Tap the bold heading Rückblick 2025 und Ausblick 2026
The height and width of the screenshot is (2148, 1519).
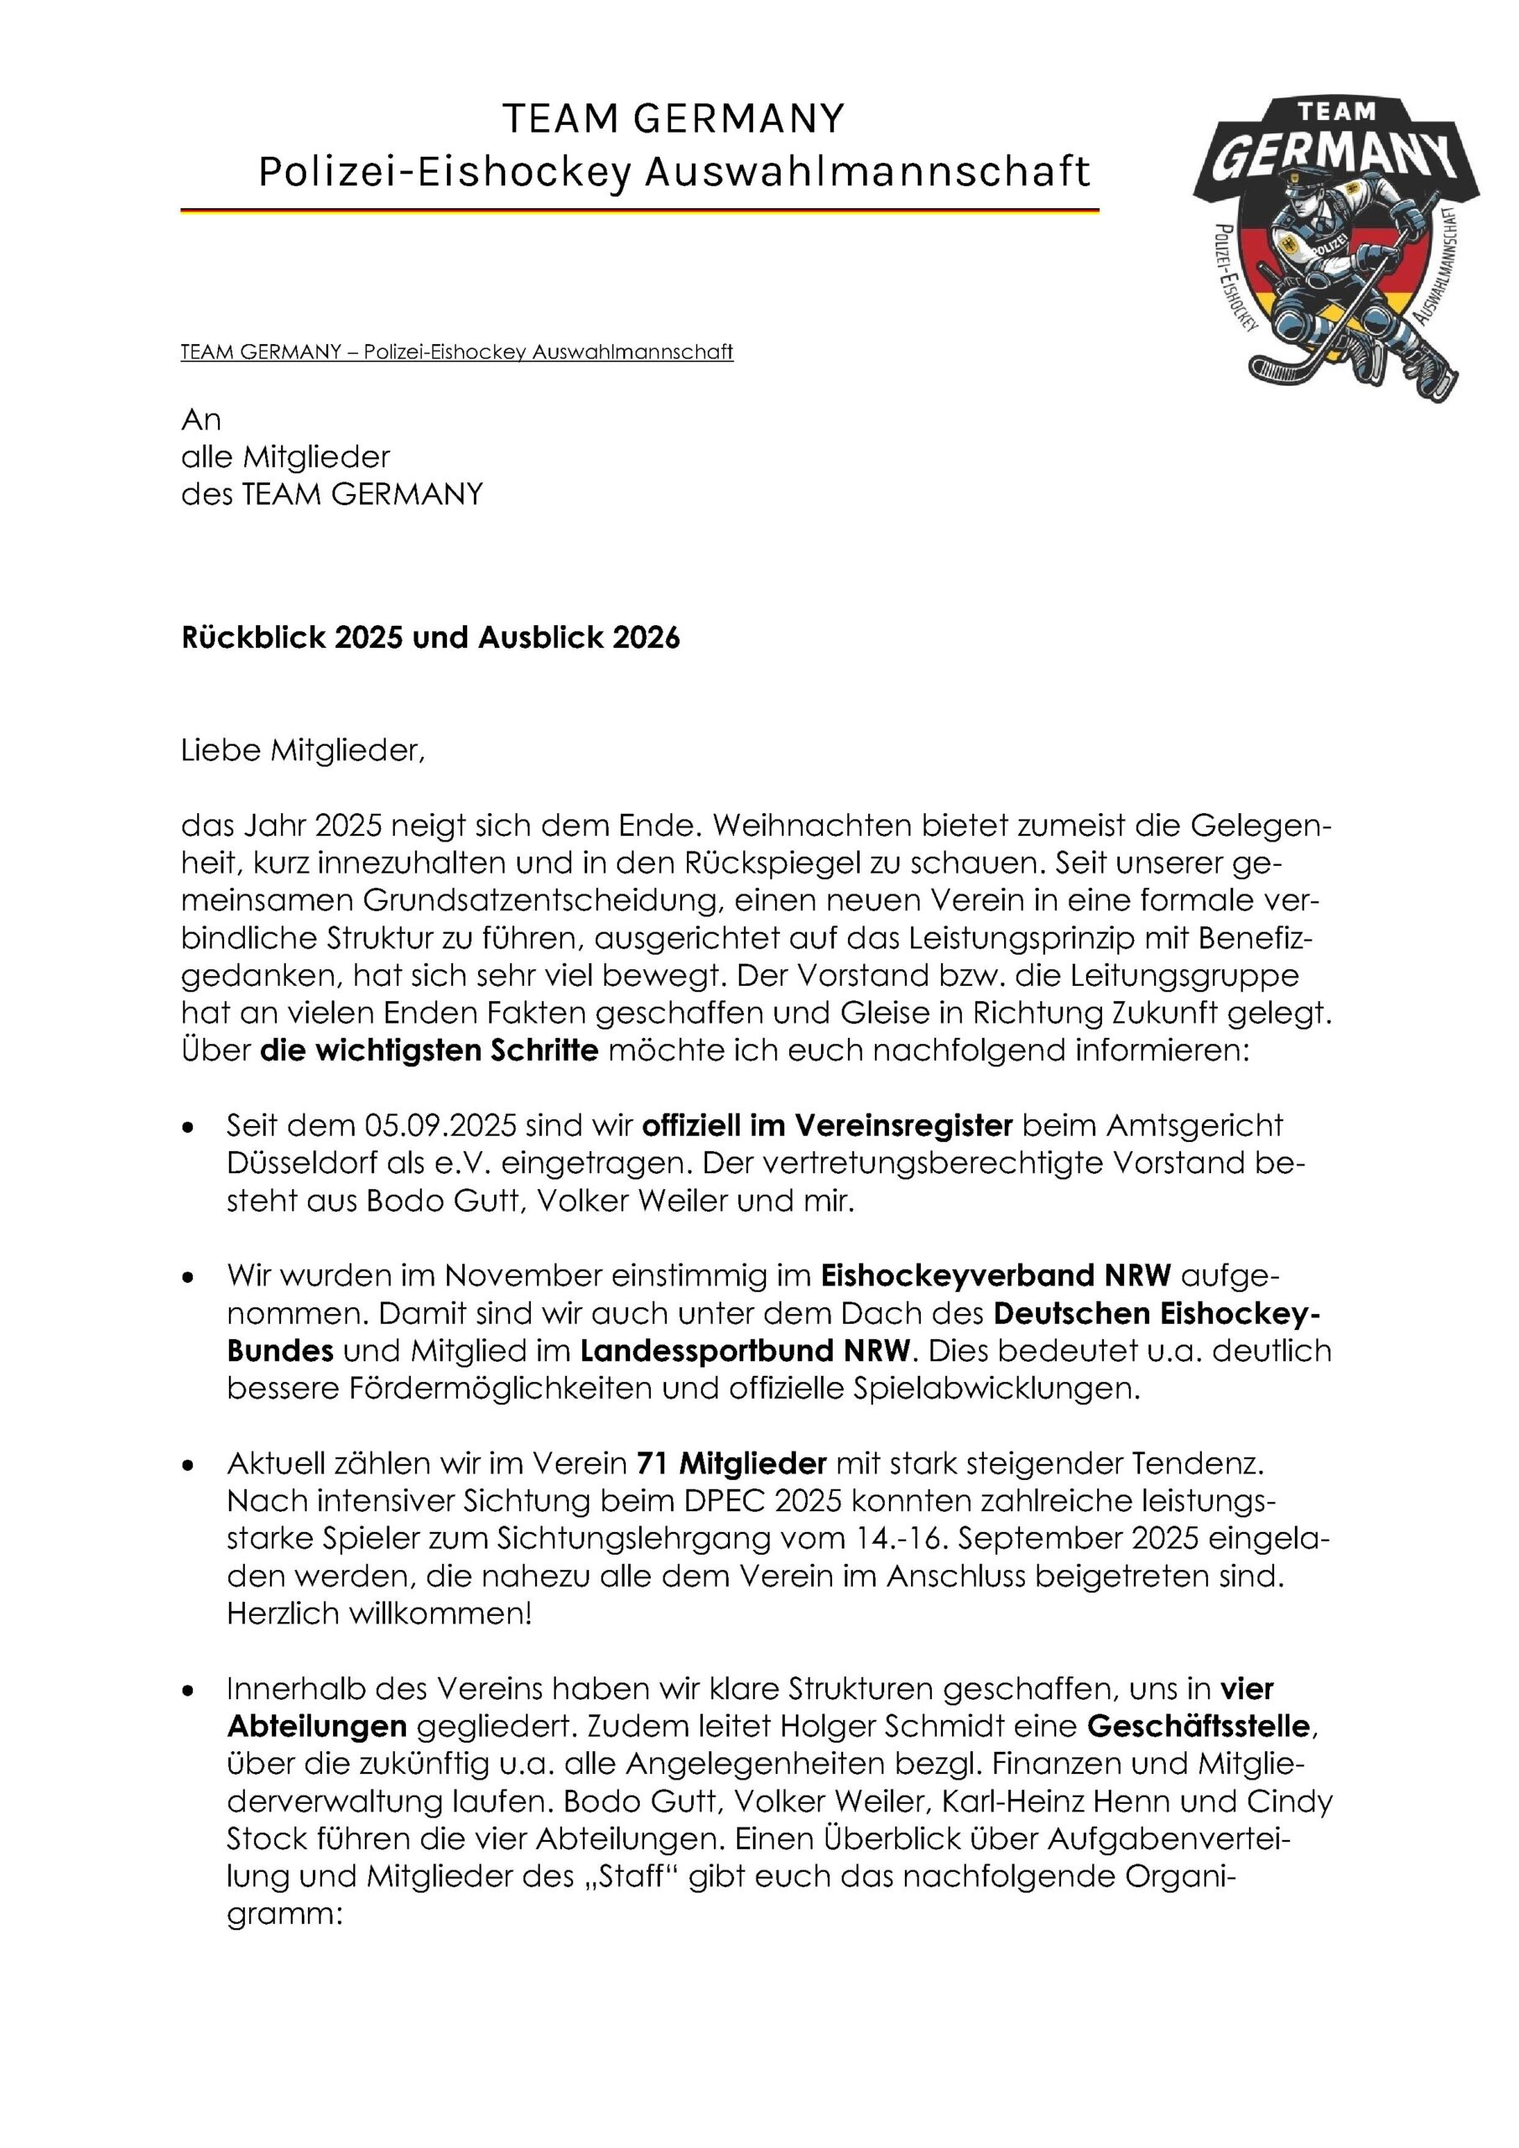coord(430,638)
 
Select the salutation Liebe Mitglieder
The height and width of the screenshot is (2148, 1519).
coord(303,750)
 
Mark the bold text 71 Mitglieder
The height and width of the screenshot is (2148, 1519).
coord(731,1462)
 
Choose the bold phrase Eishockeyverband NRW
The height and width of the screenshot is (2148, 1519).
coord(996,1275)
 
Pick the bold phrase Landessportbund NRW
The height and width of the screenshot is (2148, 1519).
coord(746,1350)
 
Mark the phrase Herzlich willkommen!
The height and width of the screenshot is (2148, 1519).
coord(379,1613)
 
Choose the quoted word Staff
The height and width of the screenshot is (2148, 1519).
coord(632,1876)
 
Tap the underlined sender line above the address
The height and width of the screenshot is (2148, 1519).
coord(456,352)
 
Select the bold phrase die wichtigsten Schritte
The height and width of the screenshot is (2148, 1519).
coord(429,1050)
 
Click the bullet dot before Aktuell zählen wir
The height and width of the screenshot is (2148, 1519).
coord(189,1465)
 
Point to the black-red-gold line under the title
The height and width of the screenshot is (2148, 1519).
coord(639,211)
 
